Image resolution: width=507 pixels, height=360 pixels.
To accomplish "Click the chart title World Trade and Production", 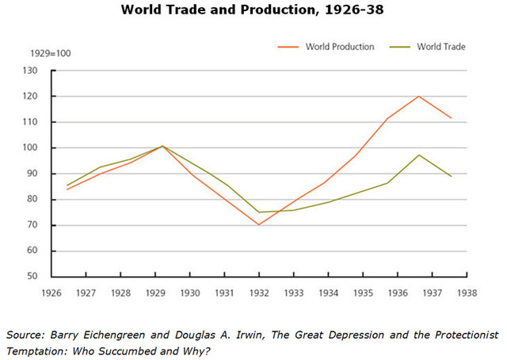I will [x=253, y=11].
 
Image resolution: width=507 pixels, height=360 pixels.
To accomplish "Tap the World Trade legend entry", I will [x=442, y=47].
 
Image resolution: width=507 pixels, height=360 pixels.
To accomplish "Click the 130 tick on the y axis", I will [x=31, y=71].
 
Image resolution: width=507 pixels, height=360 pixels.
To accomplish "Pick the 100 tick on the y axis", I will [x=31, y=148].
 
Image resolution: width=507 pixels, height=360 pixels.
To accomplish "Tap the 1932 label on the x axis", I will [x=258, y=292].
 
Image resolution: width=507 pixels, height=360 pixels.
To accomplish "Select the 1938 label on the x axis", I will [x=466, y=292].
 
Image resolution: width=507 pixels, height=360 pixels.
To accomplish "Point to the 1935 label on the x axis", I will [x=362, y=292].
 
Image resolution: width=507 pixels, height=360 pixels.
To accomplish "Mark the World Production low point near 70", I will [x=258, y=224].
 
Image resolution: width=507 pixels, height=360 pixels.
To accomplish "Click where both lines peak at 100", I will [x=162, y=146].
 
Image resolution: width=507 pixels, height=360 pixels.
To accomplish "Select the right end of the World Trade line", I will [x=452, y=176].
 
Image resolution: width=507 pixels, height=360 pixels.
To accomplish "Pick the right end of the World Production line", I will [x=452, y=118].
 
